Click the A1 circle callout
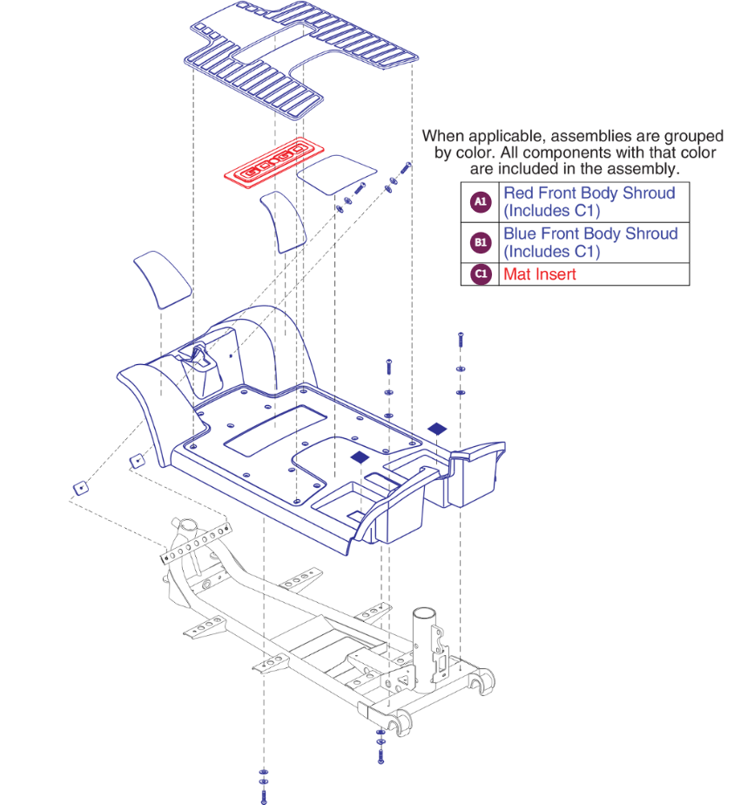tap(480, 202)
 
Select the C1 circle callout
tap(480, 274)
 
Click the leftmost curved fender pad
tap(162, 278)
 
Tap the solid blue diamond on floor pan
tap(360, 457)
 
